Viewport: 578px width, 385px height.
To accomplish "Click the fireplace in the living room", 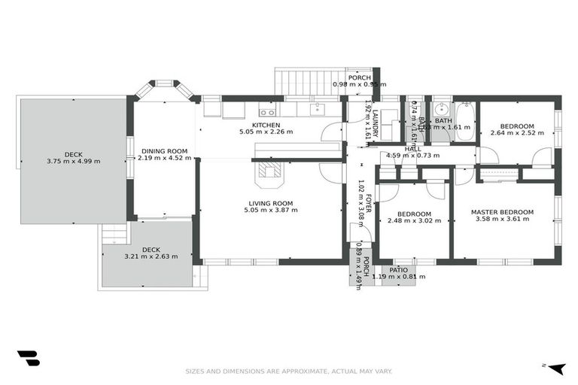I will (x=269, y=174).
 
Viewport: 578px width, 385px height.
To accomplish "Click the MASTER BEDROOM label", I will (x=502, y=212).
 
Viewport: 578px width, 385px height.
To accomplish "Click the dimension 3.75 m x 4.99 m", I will (x=73, y=161).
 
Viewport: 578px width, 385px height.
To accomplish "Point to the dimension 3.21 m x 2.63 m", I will (x=151, y=256).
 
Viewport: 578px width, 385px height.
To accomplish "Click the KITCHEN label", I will (x=266, y=125).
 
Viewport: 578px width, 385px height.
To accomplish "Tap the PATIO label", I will (x=398, y=269).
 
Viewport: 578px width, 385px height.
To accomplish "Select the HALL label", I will (x=412, y=149).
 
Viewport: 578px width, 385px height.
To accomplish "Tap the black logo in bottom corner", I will (x=28, y=358).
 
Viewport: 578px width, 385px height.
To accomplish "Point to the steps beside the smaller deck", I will (x=112, y=235).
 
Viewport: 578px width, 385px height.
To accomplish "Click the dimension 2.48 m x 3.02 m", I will (x=412, y=221).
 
